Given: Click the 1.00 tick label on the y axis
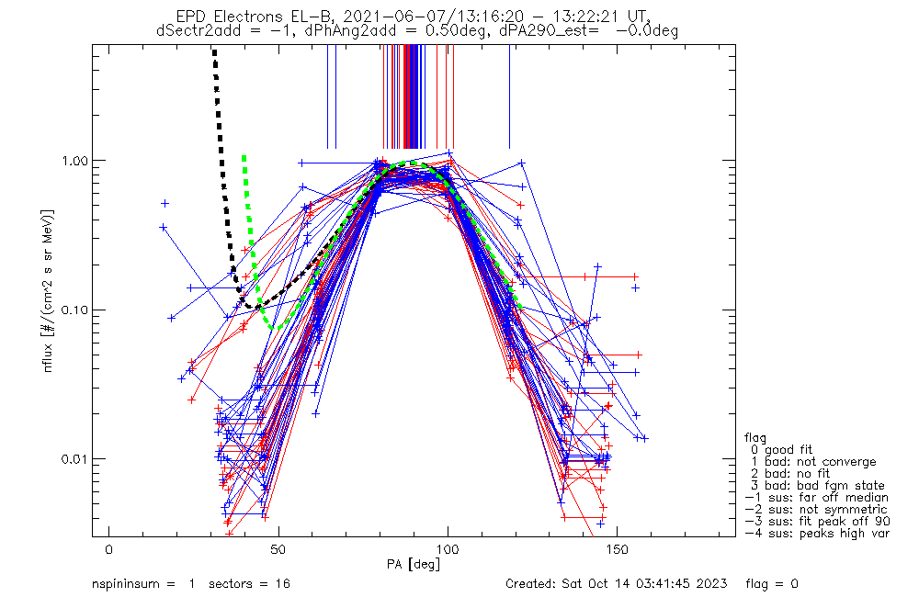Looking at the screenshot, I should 75,160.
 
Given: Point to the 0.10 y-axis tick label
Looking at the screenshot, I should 75,310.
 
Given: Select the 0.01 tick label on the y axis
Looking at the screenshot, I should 75,458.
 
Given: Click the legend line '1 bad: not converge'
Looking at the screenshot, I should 812,461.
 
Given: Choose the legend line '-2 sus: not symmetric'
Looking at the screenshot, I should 816,509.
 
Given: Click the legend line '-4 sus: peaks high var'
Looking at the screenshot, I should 816,533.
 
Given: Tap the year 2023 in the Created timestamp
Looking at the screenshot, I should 713,583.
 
